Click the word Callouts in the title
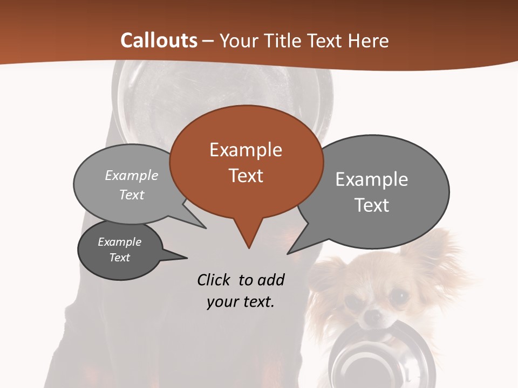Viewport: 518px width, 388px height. tap(159, 40)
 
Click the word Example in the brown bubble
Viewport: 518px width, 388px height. tap(246, 150)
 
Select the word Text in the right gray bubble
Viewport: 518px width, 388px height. tap(372, 205)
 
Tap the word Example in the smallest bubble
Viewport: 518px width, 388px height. tap(119, 242)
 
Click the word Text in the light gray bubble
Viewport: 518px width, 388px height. tap(132, 195)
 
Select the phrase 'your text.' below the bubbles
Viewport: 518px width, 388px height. tap(240, 302)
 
